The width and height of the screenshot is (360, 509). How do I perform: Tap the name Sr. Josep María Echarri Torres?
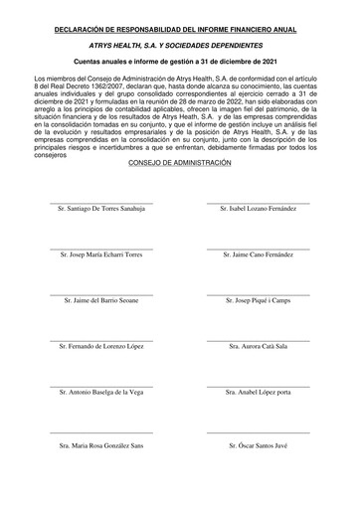101,255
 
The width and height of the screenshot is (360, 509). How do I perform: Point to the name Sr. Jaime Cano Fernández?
259,255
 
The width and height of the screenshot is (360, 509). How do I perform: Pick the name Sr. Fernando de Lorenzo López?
101,346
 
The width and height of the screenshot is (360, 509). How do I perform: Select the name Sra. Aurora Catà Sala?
259,346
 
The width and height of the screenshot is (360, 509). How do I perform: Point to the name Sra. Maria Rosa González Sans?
101,446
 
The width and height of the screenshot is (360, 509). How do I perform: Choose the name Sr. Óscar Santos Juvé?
259,446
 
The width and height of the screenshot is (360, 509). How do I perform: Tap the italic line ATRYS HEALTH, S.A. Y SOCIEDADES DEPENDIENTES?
180,46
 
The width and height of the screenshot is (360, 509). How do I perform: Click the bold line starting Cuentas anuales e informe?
180,62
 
